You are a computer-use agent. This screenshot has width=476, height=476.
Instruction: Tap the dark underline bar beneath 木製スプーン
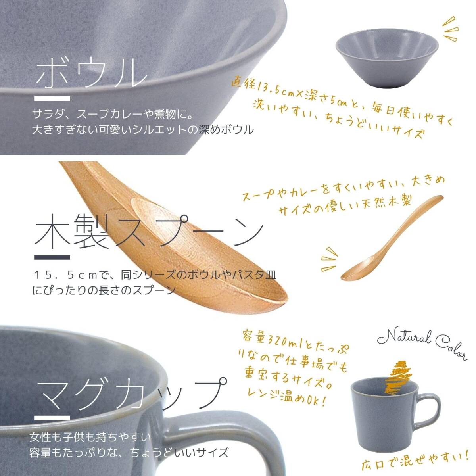click(x=52, y=257)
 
